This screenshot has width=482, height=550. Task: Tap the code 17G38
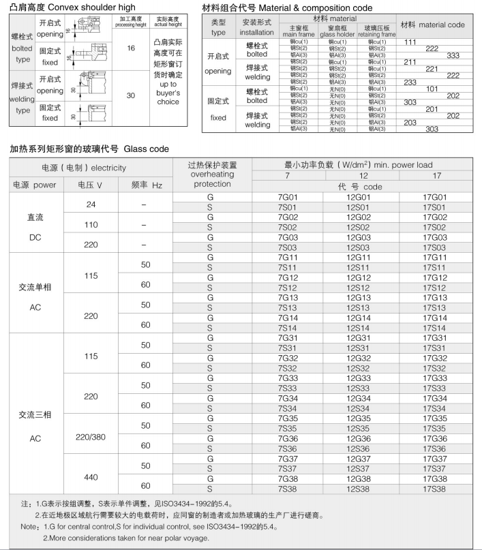pyautogui.click(x=435, y=478)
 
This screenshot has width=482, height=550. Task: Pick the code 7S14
pyautogui.click(x=288, y=328)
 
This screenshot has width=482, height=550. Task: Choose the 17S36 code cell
pyautogui.click(x=435, y=448)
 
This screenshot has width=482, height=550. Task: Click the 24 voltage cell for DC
pyautogui.click(x=91, y=204)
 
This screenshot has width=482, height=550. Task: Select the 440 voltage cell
pyautogui.click(x=91, y=475)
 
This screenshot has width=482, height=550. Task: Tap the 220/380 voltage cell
pyautogui.click(x=91, y=435)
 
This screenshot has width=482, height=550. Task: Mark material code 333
pyautogui.click(x=453, y=55)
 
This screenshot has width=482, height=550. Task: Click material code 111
pyautogui.click(x=410, y=42)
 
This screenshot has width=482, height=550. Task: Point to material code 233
pyautogui.click(x=410, y=82)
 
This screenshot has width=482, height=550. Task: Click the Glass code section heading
pyautogui.click(x=89, y=149)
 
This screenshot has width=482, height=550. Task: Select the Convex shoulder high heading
pyautogui.click(x=73, y=7)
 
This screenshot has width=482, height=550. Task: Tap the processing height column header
pyautogui.click(x=131, y=22)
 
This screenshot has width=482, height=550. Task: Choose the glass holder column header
pyautogui.click(x=337, y=31)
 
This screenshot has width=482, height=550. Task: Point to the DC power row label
pyautogui.click(x=35, y=228)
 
